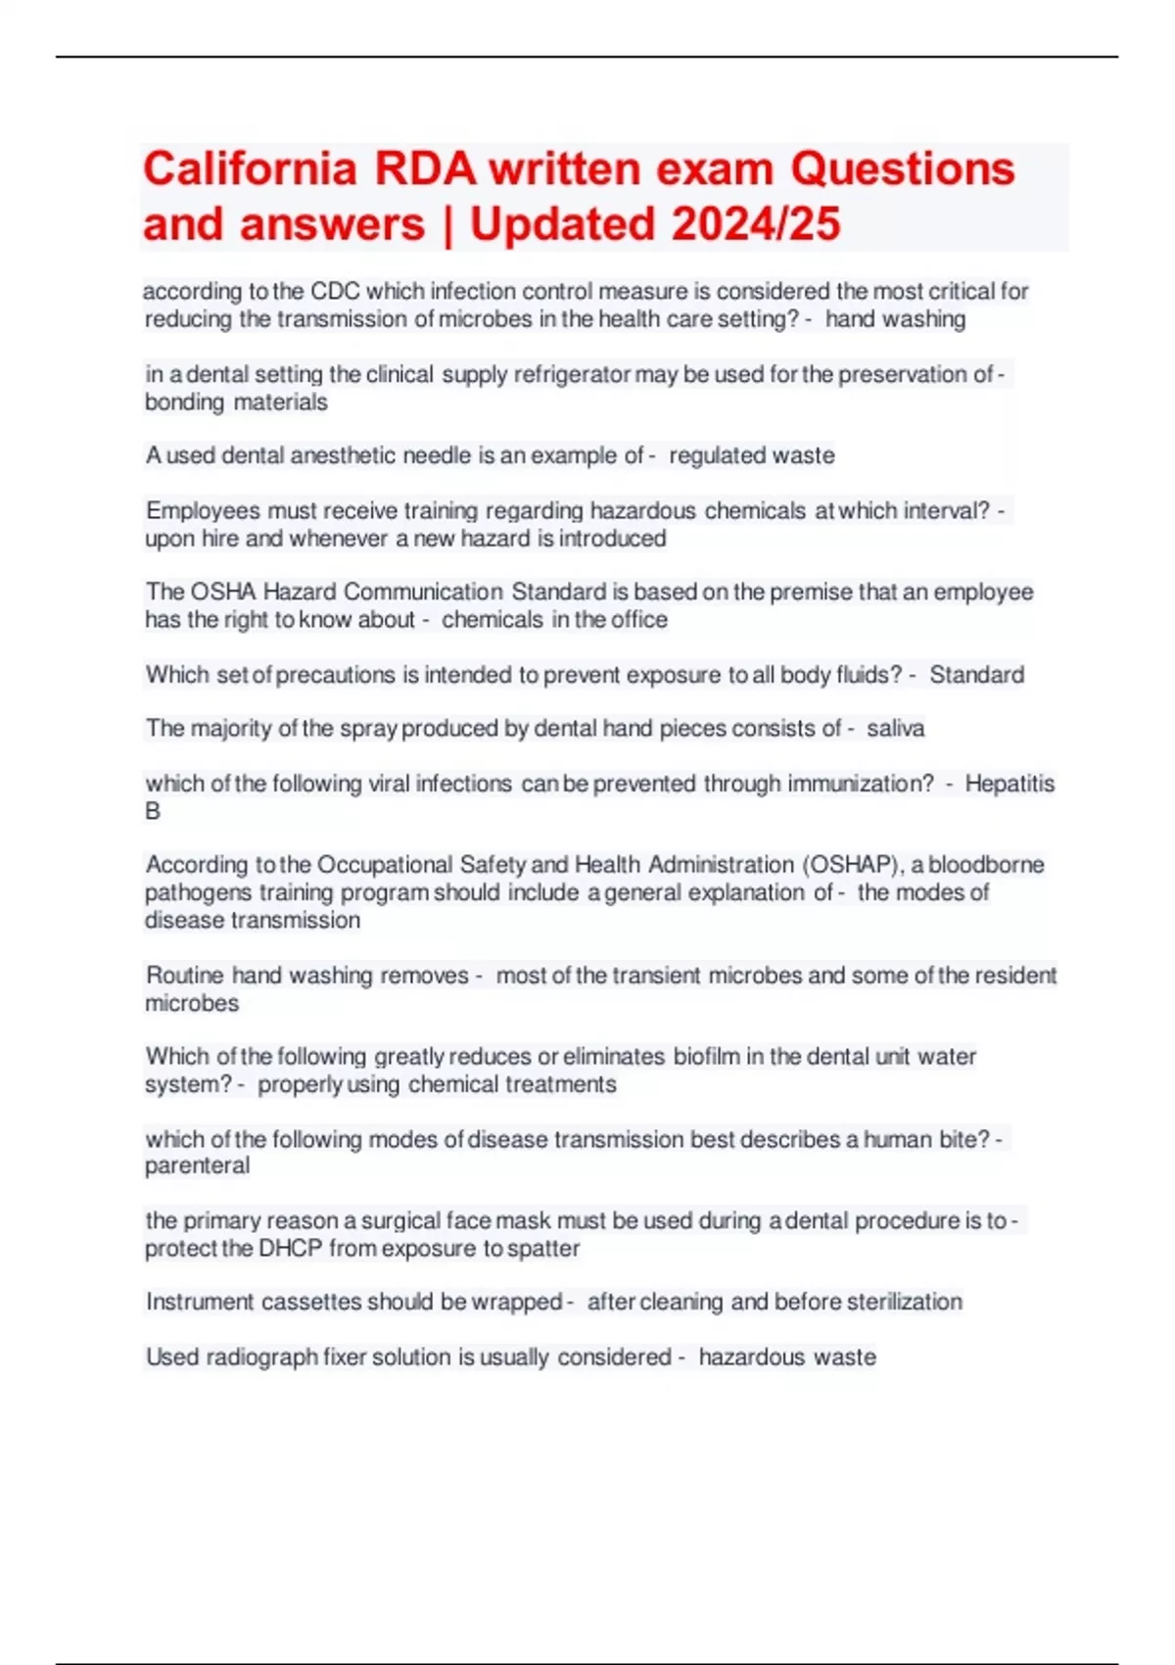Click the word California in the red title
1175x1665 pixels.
(x=250, y=168)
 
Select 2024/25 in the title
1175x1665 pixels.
(x=755, y=223)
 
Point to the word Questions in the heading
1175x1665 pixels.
(x=902, y=168)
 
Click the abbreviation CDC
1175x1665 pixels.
(x=335, y=292)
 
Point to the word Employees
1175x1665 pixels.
(x=203, y=510)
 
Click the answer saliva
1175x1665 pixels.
(x=895, y=729)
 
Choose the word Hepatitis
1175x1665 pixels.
(x=1010, y=784)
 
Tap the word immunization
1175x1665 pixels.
(x=861, y=784)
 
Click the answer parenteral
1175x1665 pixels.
(x=197, y=1165)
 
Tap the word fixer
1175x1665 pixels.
(x=346, y=1357)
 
